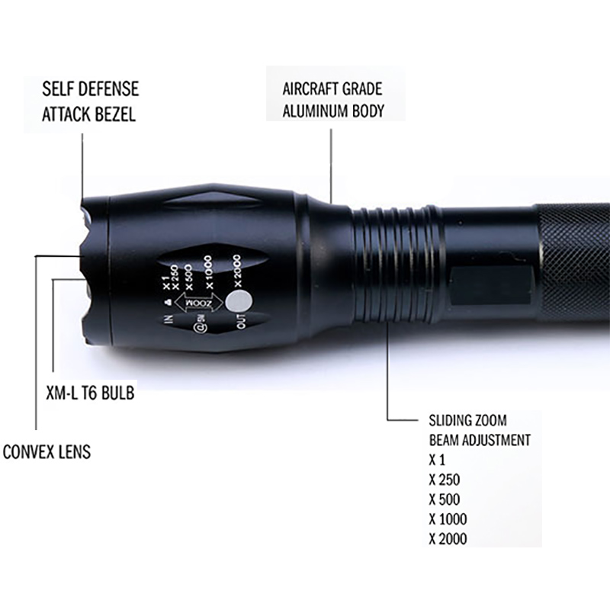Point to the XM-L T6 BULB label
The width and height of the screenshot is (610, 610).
click(x=90, y=393)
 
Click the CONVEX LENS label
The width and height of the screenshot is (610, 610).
click(x=47, y=452)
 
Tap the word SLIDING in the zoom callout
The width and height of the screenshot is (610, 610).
click(x=449, y=421)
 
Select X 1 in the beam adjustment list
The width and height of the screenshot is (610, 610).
click(x=436, y=461)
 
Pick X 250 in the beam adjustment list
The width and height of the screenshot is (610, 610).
click(x=445, y=480)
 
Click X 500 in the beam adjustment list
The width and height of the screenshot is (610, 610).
click(x=445, y=499)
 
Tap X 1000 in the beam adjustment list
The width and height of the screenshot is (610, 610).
click(x=448, y=519)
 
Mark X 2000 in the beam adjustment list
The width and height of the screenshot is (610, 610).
click(x=448, y=539)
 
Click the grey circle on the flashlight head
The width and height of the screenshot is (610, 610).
click(x=239, y=302)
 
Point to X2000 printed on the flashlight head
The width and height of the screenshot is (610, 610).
click(x=236, y=271)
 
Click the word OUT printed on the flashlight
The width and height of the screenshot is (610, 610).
click(x=241, y=321)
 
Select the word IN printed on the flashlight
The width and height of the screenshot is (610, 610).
click(x=169, y=319)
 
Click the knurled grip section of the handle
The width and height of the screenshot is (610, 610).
click(x=572, y=265)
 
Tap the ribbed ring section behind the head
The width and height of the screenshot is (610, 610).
click(x=396, y=264)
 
